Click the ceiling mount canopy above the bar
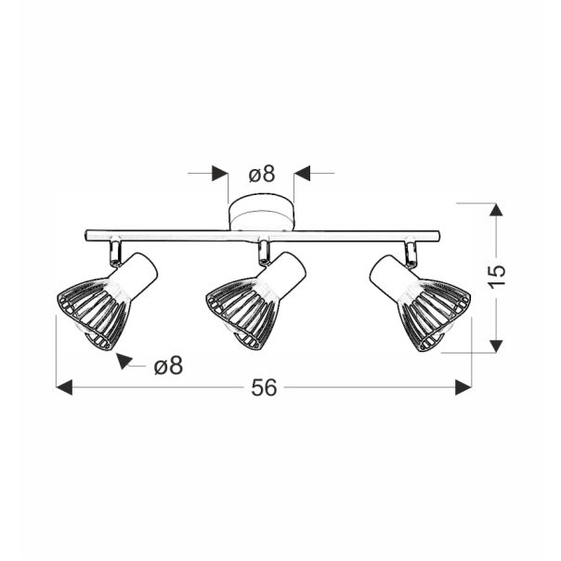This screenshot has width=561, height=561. (261, 215)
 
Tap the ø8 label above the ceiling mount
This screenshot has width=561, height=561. (261, 174)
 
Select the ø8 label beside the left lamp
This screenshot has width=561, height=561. (167, 366)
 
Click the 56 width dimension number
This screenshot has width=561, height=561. (264, 388)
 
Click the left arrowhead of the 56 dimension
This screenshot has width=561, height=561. (64, 387)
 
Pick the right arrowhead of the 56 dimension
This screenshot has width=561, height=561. (463, 387)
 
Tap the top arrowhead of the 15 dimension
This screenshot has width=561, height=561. (497, 211)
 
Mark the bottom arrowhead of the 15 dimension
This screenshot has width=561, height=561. (497, 345)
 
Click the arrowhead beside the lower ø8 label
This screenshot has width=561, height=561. (124, 360)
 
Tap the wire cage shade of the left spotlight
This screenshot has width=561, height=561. (90, 314)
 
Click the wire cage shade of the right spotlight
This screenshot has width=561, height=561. (433, 314)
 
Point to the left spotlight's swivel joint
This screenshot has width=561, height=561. (114, 251)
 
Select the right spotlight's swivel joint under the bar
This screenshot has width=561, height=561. (410, 251)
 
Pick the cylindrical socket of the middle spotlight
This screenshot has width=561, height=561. (285, 272)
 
